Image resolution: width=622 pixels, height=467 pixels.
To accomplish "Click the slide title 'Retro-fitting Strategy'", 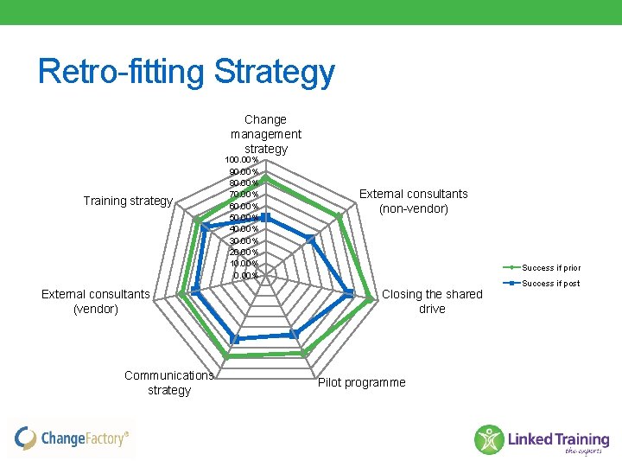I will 186,72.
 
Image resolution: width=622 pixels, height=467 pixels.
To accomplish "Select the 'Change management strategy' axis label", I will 266,134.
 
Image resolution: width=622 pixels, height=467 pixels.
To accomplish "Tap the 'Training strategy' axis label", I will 128,201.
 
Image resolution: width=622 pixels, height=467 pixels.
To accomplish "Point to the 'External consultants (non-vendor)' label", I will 413,201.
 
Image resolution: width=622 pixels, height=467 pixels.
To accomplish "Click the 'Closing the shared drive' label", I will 432,301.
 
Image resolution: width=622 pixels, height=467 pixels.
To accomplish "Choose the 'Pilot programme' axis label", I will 361,382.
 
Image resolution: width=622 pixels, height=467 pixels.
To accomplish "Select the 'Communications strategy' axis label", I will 169,382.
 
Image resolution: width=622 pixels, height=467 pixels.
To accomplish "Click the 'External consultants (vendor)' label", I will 96,301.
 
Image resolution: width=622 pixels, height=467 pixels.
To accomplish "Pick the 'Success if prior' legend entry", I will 550,268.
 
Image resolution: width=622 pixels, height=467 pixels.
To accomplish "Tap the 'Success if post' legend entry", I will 550,284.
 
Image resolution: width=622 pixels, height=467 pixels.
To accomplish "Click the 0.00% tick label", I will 245,275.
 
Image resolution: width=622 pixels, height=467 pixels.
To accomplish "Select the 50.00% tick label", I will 244,218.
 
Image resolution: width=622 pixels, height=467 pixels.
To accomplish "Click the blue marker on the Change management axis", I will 266,217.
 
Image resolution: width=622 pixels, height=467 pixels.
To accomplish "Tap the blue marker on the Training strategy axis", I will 204,227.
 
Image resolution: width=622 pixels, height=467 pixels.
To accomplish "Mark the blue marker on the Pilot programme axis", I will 294,333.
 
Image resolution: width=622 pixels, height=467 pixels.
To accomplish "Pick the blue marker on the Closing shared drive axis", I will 349,293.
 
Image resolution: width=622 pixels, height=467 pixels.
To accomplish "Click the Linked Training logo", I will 542,439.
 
